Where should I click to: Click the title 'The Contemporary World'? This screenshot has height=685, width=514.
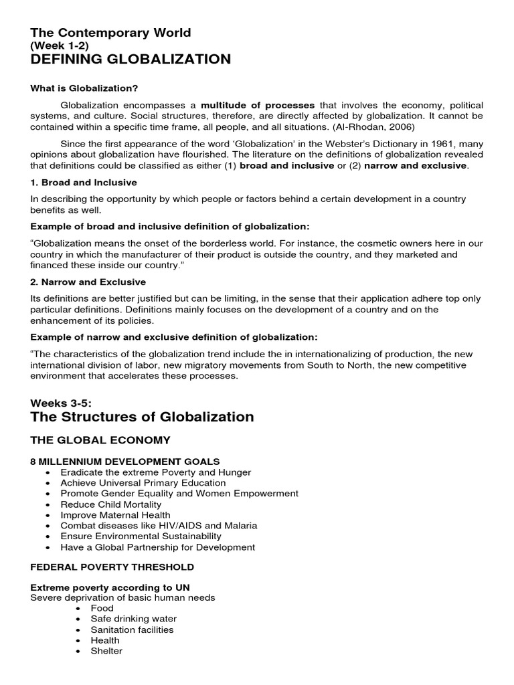(110, 32)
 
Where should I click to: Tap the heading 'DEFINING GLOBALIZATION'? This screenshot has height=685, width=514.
(131, 60)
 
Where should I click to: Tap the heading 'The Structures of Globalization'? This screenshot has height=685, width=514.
(143, 417)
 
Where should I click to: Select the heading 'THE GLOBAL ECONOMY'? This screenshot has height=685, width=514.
(101, 440)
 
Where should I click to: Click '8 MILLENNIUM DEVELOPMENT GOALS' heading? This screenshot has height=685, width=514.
(125, 462)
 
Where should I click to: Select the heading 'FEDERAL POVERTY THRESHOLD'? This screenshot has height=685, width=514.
(112, 567)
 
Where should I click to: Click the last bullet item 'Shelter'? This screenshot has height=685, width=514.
(106, 651)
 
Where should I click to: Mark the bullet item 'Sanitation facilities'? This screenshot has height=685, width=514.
(132, 629)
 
